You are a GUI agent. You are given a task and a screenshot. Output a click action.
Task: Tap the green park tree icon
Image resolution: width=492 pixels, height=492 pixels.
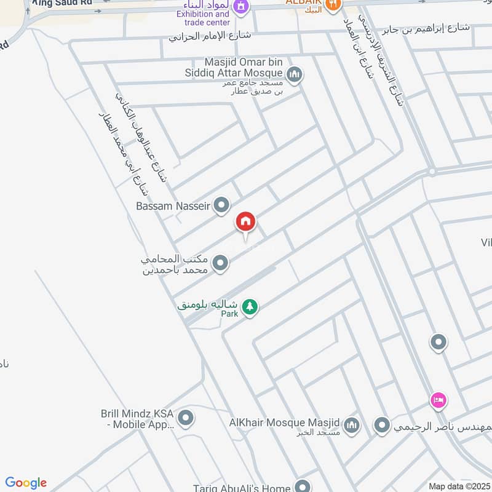249,306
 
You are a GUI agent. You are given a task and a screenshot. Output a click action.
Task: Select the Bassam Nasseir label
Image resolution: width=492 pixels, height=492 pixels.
173,206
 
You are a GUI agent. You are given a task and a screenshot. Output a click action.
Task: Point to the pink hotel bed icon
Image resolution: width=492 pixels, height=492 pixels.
438,400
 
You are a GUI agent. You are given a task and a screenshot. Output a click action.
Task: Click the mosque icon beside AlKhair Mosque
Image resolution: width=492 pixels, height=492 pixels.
351,425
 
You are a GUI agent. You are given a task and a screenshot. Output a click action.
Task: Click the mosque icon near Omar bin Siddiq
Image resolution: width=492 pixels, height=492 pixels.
295,75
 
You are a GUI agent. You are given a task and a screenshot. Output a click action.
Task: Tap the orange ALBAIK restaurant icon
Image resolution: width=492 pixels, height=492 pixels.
334,5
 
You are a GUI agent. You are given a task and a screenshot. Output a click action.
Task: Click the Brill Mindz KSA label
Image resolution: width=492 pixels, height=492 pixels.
138,419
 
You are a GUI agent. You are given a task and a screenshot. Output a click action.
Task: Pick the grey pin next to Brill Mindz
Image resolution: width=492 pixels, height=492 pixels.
186,419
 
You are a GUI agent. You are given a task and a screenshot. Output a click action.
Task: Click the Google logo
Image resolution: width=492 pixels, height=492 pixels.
26,483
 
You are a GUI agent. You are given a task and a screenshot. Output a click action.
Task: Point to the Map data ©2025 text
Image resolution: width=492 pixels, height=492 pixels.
458,486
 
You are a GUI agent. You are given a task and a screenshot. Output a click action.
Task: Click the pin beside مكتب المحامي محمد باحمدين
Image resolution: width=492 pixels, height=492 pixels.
220,264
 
